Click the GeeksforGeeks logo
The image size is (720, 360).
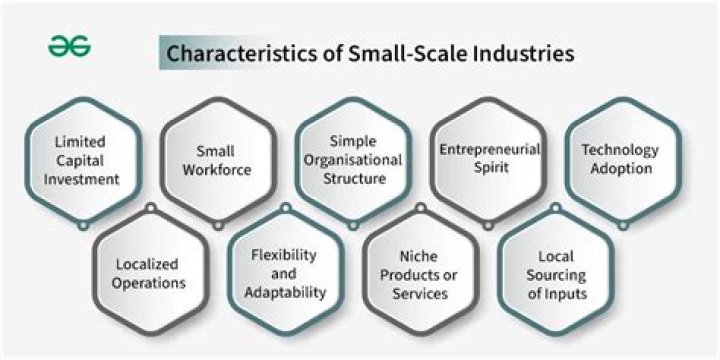69,48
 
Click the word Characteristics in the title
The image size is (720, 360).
223,54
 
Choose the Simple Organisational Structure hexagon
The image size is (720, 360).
352,161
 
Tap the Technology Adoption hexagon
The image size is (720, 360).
621,161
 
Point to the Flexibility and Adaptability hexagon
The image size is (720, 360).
285,274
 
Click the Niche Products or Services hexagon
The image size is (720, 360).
420,274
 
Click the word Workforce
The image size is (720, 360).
216,170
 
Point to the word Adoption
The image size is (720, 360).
621,169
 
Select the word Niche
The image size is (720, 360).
420,256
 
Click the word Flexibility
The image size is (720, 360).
285,255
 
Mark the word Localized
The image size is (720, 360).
147,265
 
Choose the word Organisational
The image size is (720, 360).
352,160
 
